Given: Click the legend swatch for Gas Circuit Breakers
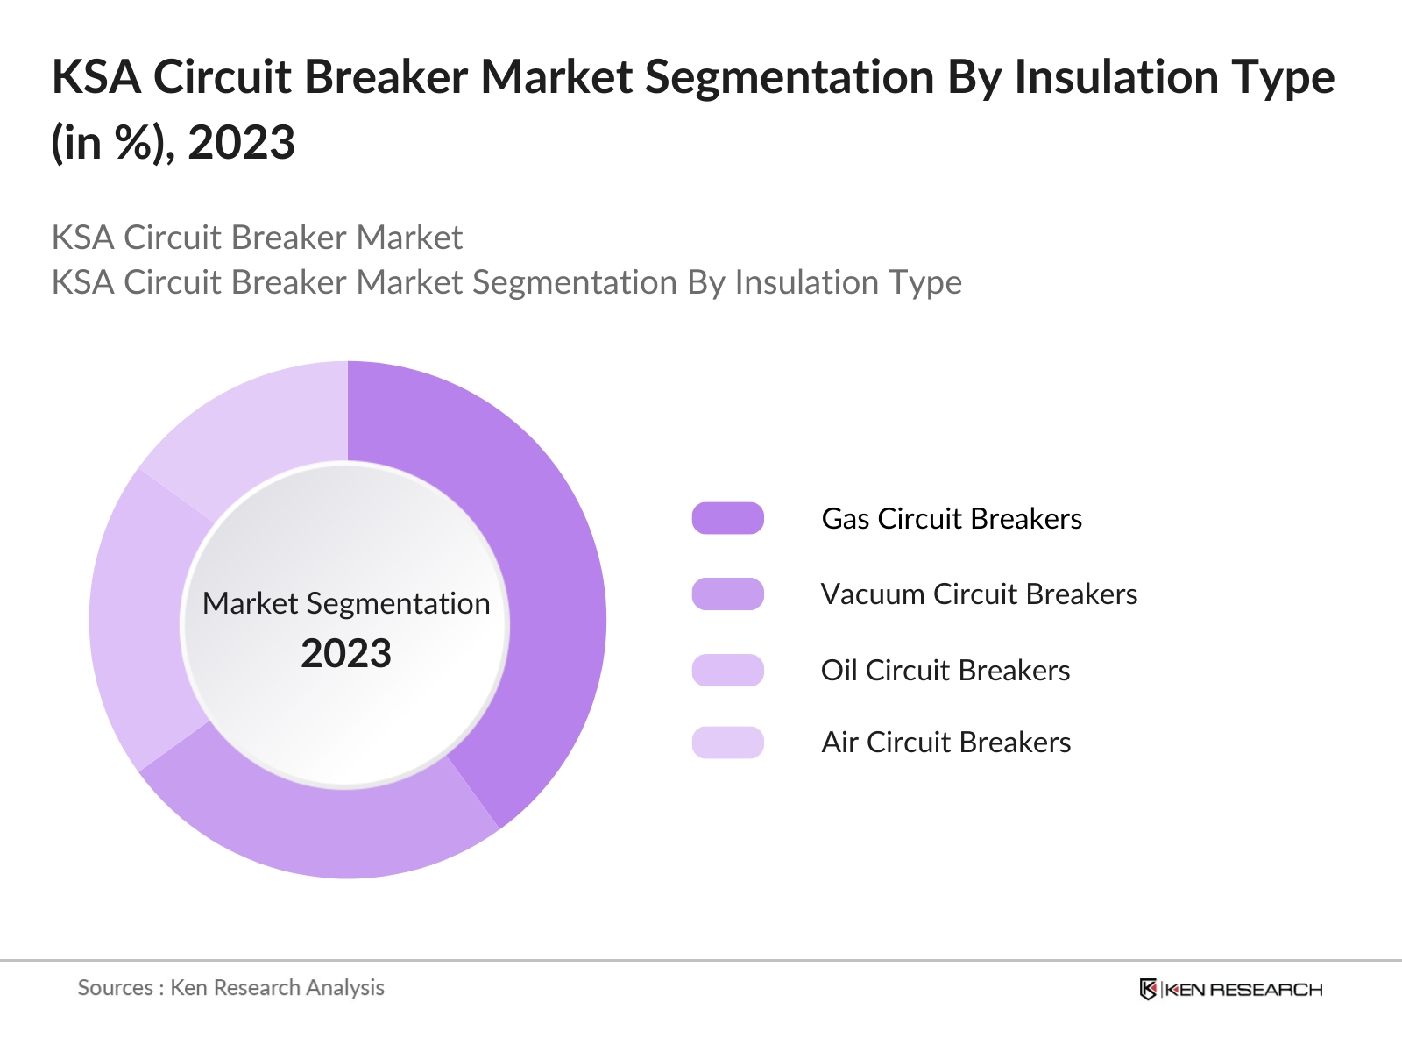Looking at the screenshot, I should (x=727, y=518).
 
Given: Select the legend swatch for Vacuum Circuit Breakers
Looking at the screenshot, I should (x=727, y=594).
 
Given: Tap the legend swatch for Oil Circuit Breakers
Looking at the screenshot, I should (x=727, y=670).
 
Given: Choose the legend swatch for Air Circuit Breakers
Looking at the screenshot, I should (x=727, y=743).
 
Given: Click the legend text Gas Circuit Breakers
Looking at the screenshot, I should (x=952, y=518).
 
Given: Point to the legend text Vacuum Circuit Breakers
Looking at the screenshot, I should (x=979, y=594).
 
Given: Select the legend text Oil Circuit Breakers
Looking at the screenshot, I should (x=945, y=670).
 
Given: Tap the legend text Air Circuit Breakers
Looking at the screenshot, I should (x=945, y=743).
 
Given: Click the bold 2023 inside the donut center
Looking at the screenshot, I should (x=346, y=653).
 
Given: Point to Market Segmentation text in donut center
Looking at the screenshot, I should (x=346, y=603).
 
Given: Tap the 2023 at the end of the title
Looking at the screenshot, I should (x=242, y=143).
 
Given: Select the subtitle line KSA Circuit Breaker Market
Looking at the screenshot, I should (x=257, y=238).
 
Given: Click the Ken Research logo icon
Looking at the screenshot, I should (x=1148, y=989).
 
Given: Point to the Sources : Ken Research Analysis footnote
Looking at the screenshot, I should (x=231, y=987).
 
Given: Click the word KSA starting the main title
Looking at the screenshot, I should (x=96, y=77).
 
